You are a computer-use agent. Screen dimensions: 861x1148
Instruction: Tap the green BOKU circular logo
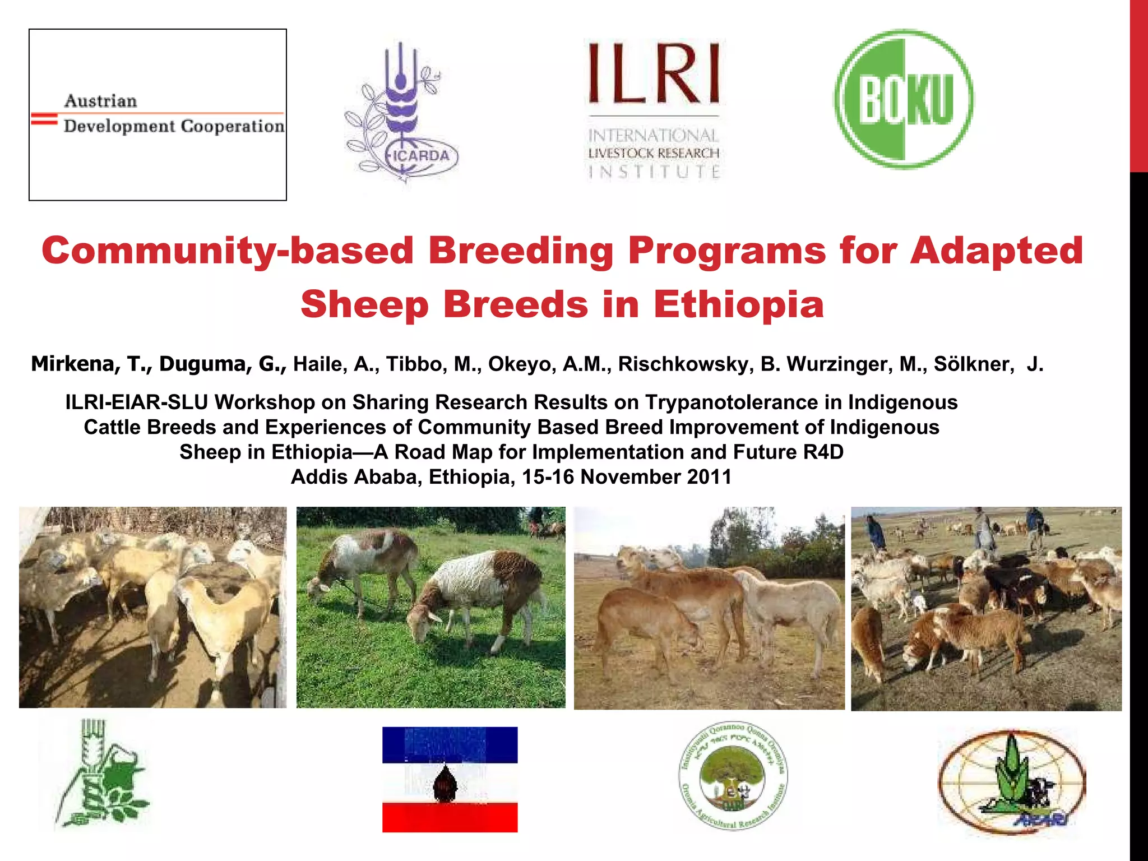(904, 99)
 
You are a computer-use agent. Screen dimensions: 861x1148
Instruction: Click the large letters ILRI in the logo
(654, 74)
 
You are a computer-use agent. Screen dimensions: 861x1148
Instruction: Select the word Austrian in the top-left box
(100, 101)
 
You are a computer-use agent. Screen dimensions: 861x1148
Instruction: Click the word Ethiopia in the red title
(738, 304)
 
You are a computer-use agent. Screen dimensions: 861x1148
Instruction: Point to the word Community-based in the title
(227, 250)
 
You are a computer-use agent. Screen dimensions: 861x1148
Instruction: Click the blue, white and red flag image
(450, 779)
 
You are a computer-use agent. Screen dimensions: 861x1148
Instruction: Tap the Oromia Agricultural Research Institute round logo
(733, 775)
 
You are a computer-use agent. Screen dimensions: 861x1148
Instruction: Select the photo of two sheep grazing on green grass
(430, 608)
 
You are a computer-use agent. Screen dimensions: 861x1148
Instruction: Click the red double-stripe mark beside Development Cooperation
(44, 119)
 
